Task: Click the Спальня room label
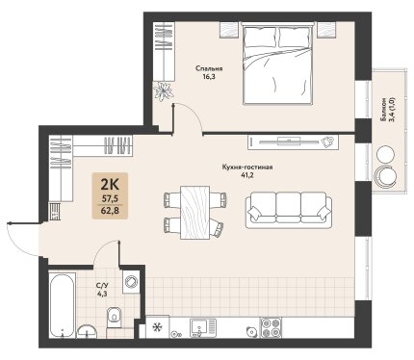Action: (209, 68)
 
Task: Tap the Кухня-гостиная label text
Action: (247, 167)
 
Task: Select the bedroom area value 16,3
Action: (209, 77)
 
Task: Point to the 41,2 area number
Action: (247, 175)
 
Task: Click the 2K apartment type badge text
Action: (110, 185)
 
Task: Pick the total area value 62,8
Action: (110, 211)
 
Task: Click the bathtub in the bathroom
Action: (63, 305)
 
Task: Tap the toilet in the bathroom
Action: (114, 317)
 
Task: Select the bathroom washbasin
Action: (87, 331)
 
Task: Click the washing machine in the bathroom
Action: (131, 282)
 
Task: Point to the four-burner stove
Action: (271, 327)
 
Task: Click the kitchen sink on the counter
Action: (203, 328)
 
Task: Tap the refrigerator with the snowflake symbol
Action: (157, 326)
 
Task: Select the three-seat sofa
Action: (289, 210)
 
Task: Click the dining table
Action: (195, 213)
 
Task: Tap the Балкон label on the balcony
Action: (383, 109)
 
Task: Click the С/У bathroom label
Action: (101, 285)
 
